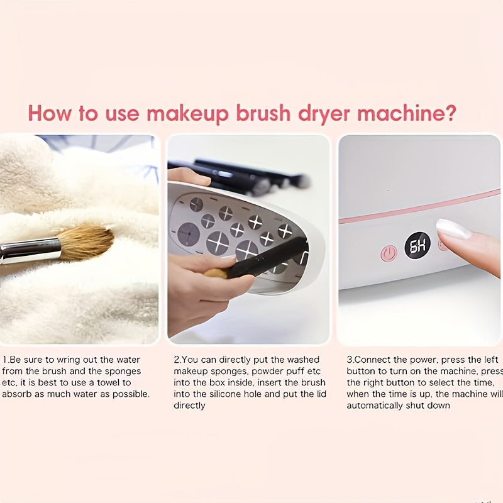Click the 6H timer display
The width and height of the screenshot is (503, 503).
coord(417,246)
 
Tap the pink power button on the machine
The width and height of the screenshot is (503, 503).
coord(389,253)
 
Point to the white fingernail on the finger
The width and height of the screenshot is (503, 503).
coord(453,229)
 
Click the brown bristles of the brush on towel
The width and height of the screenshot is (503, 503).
coord(85,243)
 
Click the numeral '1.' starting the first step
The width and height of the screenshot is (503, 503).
coord(4,360)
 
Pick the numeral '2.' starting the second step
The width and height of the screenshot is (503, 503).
coord(177,360)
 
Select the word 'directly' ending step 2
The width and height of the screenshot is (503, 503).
coord(189,406)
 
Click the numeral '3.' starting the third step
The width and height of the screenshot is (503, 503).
coord(350,360)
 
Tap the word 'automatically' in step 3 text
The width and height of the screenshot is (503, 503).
coord(375,406)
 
